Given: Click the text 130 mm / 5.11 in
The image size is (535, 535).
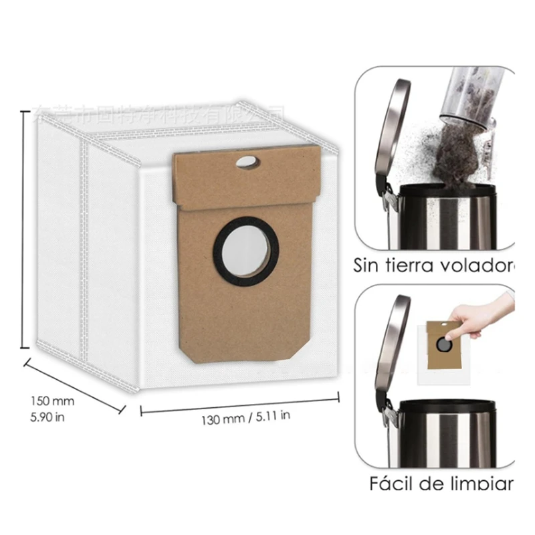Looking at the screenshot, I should pyautogui.click(x=246, y=419).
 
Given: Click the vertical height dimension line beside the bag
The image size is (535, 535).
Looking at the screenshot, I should pyautogui.click(x=24, y=227).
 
